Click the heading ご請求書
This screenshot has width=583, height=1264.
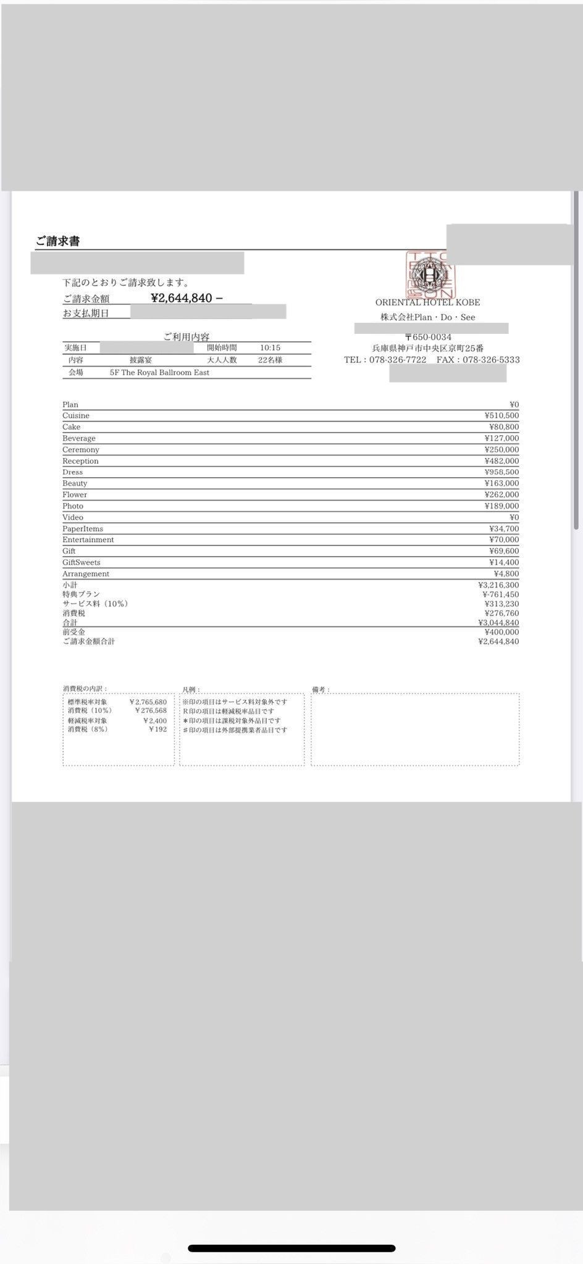[57, 241]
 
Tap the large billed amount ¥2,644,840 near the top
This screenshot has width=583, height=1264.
[182, 298]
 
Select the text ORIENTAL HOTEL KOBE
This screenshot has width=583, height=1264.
[427, 302]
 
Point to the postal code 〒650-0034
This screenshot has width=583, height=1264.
[428, 337]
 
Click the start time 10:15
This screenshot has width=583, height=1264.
[270, 348]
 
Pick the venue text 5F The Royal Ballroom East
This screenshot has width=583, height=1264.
[159, 373]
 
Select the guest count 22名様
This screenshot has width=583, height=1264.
[270, 360]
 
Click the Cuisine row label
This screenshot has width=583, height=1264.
[76, 416]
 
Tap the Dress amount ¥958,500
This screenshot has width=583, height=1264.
[501, 472]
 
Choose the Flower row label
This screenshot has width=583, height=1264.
[75, 495]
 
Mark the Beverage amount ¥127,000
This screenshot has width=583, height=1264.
[501, 438]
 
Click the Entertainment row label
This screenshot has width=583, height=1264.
[88, 540]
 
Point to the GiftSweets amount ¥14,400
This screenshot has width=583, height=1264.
[504, 562]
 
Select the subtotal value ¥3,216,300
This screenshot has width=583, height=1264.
[498, 584]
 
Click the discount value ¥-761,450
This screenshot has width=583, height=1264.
[500, 594]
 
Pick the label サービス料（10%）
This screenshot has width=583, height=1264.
[95, 604]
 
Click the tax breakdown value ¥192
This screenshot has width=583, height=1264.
[158, 729]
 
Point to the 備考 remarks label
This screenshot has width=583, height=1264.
[321, 689]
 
